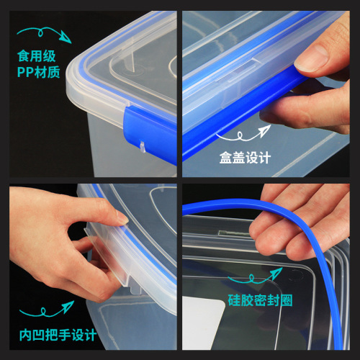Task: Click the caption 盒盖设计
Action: tap(247, 156)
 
